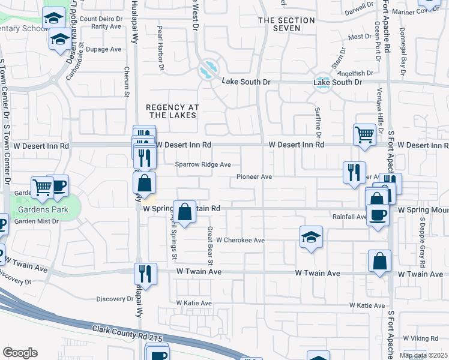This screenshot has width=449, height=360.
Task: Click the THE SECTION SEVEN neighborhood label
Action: [286, 24]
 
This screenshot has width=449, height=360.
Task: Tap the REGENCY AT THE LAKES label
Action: [173, 111]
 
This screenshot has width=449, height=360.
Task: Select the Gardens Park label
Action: [40, 210]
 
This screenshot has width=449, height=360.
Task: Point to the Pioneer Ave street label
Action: [255, 177]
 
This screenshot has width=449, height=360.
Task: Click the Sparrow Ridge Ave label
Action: [203, 164]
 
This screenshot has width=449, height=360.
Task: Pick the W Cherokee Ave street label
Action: [240, 240]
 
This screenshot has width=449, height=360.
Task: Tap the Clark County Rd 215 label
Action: [127, 334]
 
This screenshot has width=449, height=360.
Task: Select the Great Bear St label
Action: [211, 245]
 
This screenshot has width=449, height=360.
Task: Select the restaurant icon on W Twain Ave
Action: [145, 273]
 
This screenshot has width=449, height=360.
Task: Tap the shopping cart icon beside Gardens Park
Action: [42, 187]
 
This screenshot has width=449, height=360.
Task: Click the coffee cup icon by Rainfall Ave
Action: [378, 214]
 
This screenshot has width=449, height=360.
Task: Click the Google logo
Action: [20, 353]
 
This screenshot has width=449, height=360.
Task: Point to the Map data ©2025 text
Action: [423, 355]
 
